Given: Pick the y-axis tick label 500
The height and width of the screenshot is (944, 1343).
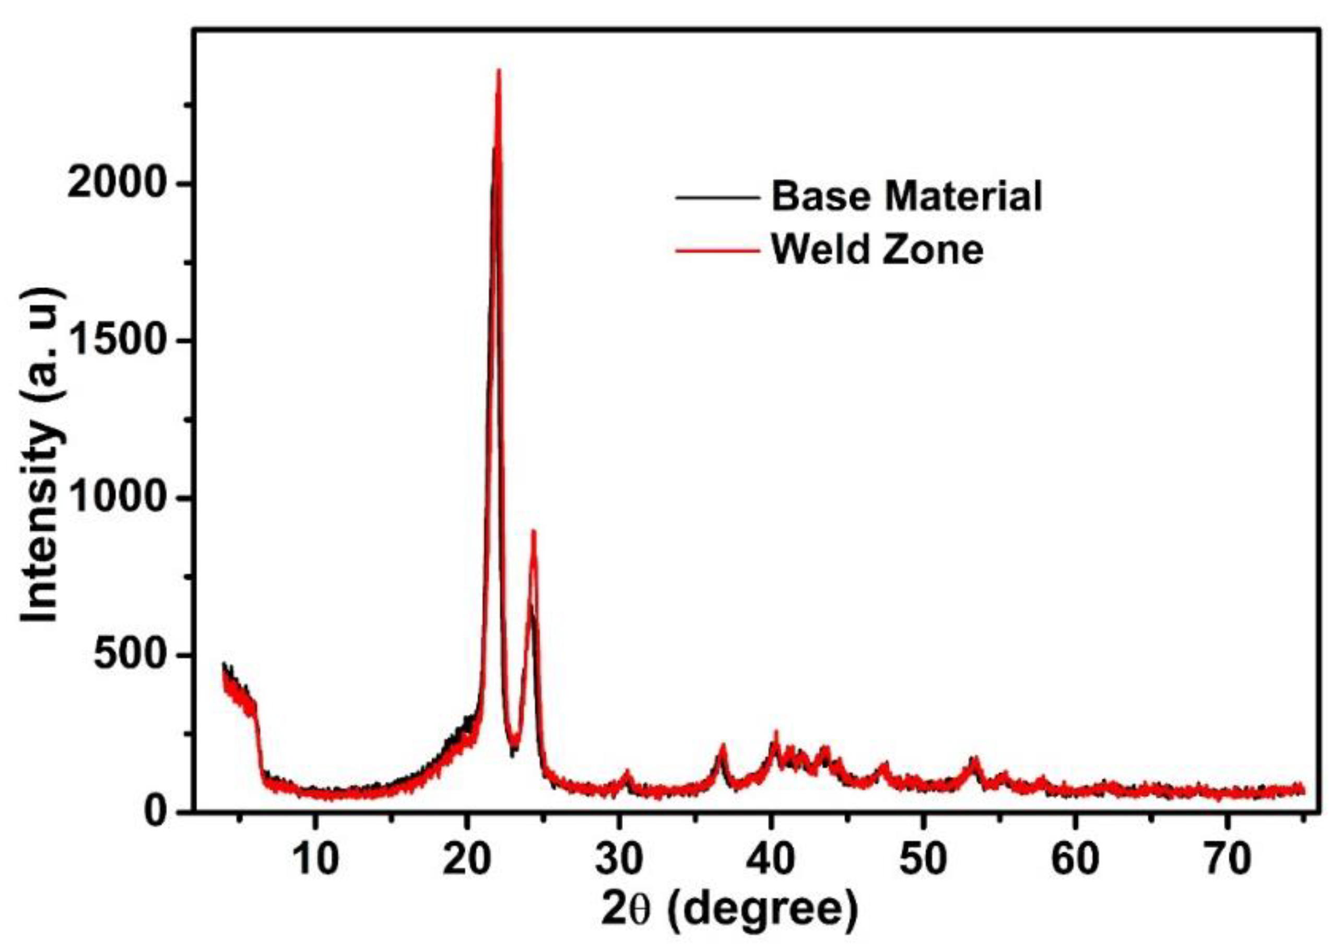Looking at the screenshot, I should (x=135, y=655).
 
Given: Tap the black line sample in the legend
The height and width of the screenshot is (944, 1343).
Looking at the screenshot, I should (x=717, y=198).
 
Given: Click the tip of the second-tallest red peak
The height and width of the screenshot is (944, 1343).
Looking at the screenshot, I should (x=534, y=531).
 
